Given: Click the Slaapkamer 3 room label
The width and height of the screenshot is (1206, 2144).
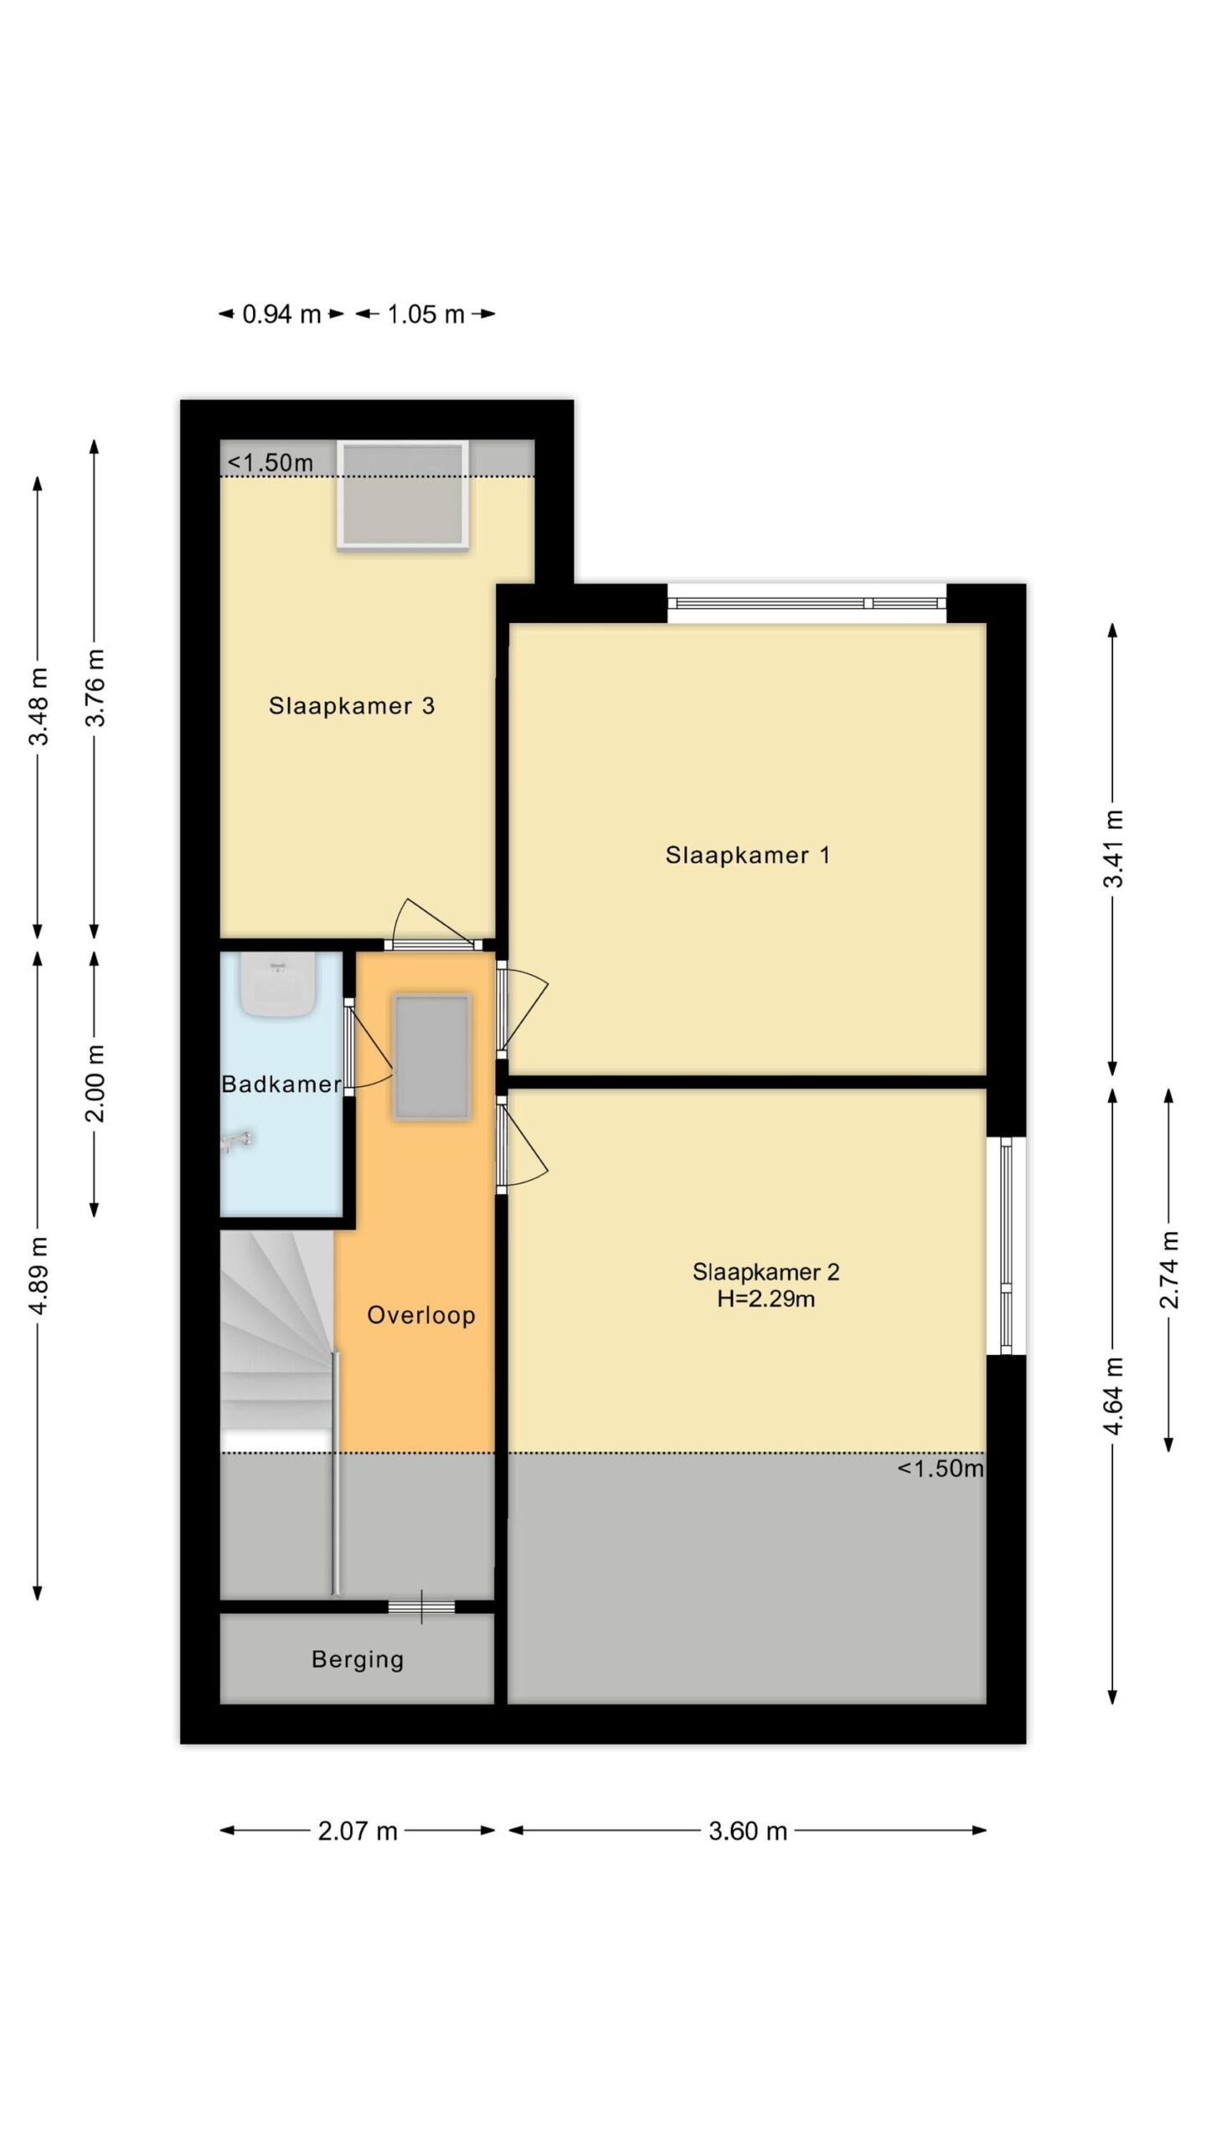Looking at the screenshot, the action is coord(352,706).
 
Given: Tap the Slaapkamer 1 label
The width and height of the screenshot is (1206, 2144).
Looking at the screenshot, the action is coord(748,855).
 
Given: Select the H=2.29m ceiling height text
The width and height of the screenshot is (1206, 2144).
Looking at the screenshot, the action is coord(765,1299).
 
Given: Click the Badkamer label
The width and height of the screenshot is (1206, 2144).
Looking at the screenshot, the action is coord(281,1085).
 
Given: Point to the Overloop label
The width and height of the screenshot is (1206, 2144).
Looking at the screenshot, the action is coord(421,1316).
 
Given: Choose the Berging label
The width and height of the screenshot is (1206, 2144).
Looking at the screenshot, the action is coord(358,1660).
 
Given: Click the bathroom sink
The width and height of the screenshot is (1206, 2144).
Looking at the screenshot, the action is coord(279,984).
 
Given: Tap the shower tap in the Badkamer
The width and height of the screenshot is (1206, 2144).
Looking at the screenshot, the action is coord(236,1141).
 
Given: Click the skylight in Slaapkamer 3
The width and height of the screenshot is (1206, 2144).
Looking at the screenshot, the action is coord(403,495).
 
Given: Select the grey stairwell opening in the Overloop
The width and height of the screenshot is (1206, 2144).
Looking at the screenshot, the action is coord(432,1056).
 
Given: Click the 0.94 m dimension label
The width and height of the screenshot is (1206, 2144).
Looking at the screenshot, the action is coord(281,314).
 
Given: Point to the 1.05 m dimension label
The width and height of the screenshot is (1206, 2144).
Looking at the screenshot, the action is coord(425,314).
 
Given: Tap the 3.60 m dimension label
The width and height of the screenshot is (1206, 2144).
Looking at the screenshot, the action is coord(748,1832).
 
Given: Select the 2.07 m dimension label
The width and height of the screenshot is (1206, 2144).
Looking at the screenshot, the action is coord(358,1832).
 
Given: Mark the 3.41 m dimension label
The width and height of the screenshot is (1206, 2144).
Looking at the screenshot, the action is coord(1113,848).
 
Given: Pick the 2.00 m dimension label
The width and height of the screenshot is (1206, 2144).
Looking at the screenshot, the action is coord(95,1083).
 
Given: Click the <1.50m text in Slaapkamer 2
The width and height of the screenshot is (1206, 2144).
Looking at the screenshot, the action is coord(941,1469).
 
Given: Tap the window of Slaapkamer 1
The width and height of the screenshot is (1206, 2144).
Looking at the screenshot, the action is coord(807,603).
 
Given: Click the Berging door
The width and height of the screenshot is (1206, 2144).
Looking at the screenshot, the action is coord(421,1606).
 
